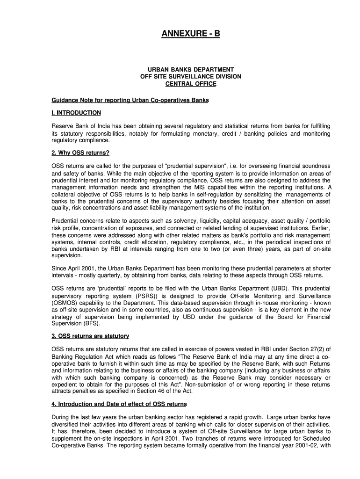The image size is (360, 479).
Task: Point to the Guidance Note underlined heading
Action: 130,101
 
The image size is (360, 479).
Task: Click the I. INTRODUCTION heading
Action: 76,113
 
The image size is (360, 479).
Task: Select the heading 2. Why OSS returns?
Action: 80,153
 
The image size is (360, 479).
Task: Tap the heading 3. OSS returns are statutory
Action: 90,336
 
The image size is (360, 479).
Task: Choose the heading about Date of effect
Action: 119,404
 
